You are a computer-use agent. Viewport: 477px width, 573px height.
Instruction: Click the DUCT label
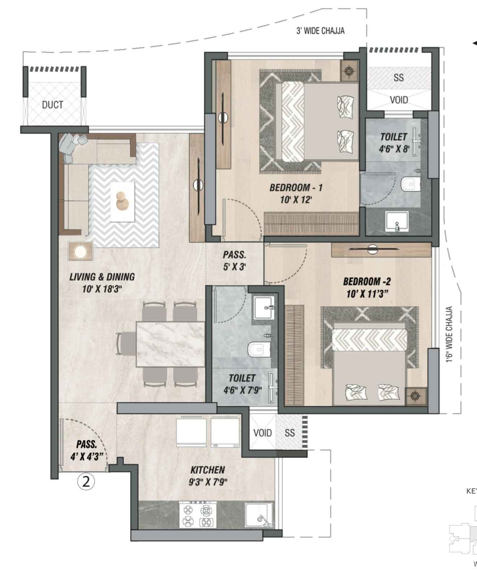coord(52,105)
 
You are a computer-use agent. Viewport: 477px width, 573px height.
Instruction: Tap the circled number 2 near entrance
coord(86,482)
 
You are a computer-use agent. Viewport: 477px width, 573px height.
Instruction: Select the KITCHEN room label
coord(207,470)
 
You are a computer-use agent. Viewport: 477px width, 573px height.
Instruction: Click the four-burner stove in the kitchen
coord(198,515)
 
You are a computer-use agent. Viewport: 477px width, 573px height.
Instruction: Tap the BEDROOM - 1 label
coord(296,187)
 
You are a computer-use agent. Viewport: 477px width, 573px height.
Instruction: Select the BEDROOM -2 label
coord(366,281)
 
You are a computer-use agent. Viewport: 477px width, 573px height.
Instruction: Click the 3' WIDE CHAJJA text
coord(320,31)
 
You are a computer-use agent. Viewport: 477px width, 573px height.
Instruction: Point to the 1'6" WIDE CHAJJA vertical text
coord(449,334)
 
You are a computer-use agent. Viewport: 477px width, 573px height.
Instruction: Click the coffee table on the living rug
coord(123,201)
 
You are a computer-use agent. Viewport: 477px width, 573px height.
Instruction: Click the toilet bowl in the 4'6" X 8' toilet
coord(411,184)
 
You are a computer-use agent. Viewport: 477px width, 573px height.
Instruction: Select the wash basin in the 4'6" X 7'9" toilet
coord(264,308)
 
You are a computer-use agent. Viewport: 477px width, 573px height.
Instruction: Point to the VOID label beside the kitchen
coord(262,433)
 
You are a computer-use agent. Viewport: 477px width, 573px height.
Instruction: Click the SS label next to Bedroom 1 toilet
coord(398,78)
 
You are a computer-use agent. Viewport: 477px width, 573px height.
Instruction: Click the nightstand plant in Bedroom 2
coord(416,396)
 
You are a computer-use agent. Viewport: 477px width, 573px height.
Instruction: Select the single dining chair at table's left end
coord(125,343)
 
